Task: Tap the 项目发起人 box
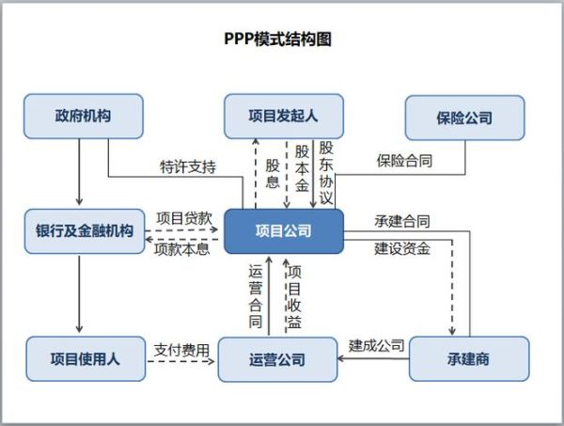coord(283,117)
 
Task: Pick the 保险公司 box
coord(463,118)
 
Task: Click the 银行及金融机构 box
coord(85,231)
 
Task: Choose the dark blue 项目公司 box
coord(283,231)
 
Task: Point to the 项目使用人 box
coord(85,358)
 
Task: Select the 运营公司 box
coord(277,359)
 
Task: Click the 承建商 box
coord(468,358)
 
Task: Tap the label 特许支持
coord(188,168)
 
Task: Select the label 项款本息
coord(181,249)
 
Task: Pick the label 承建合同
coord(402,222)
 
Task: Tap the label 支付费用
coord(181,349)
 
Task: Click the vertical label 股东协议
coord(325,173)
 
